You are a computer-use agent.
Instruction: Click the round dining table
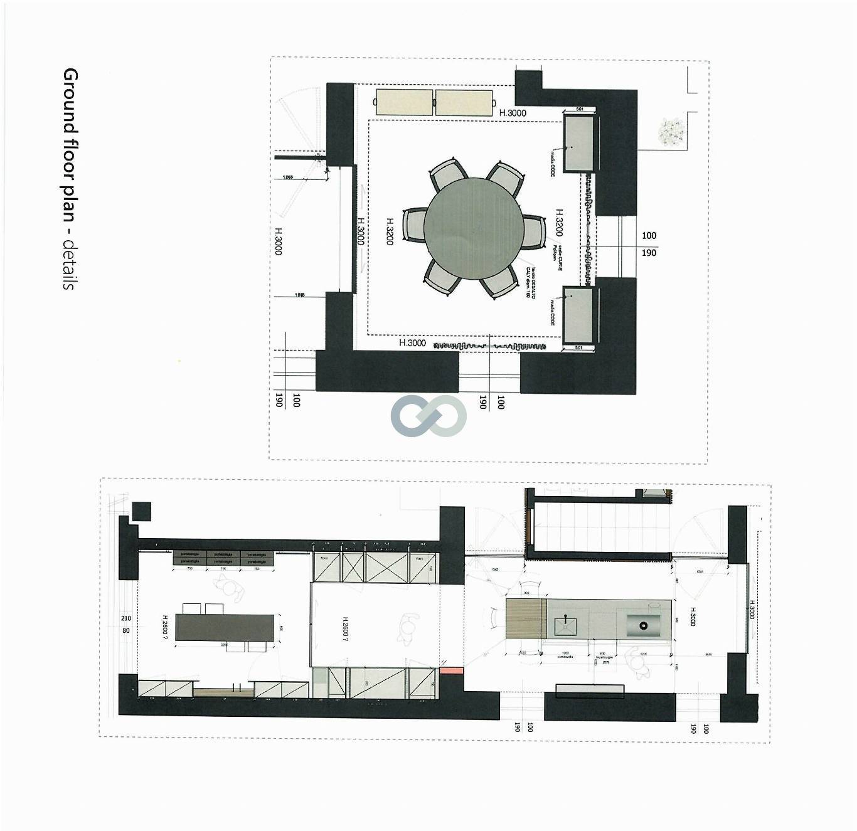coord(473,226)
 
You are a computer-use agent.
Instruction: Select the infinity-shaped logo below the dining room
coord(429,416)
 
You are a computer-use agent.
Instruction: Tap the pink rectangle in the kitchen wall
coord(451,670)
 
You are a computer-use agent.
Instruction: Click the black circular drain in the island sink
coord(642,625)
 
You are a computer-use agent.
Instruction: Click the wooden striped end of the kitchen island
coord(523,618)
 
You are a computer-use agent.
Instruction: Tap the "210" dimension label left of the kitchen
coord(126,618)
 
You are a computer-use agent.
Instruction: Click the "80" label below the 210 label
coord(126,630)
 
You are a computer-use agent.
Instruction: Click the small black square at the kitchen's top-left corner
coord(142,511)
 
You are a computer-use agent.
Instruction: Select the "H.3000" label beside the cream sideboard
coord(513,113)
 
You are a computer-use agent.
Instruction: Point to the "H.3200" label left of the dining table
coord(390,231)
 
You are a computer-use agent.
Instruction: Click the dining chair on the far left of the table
coord(415,226)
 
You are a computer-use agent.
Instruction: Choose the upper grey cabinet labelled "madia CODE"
coord(578,142)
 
